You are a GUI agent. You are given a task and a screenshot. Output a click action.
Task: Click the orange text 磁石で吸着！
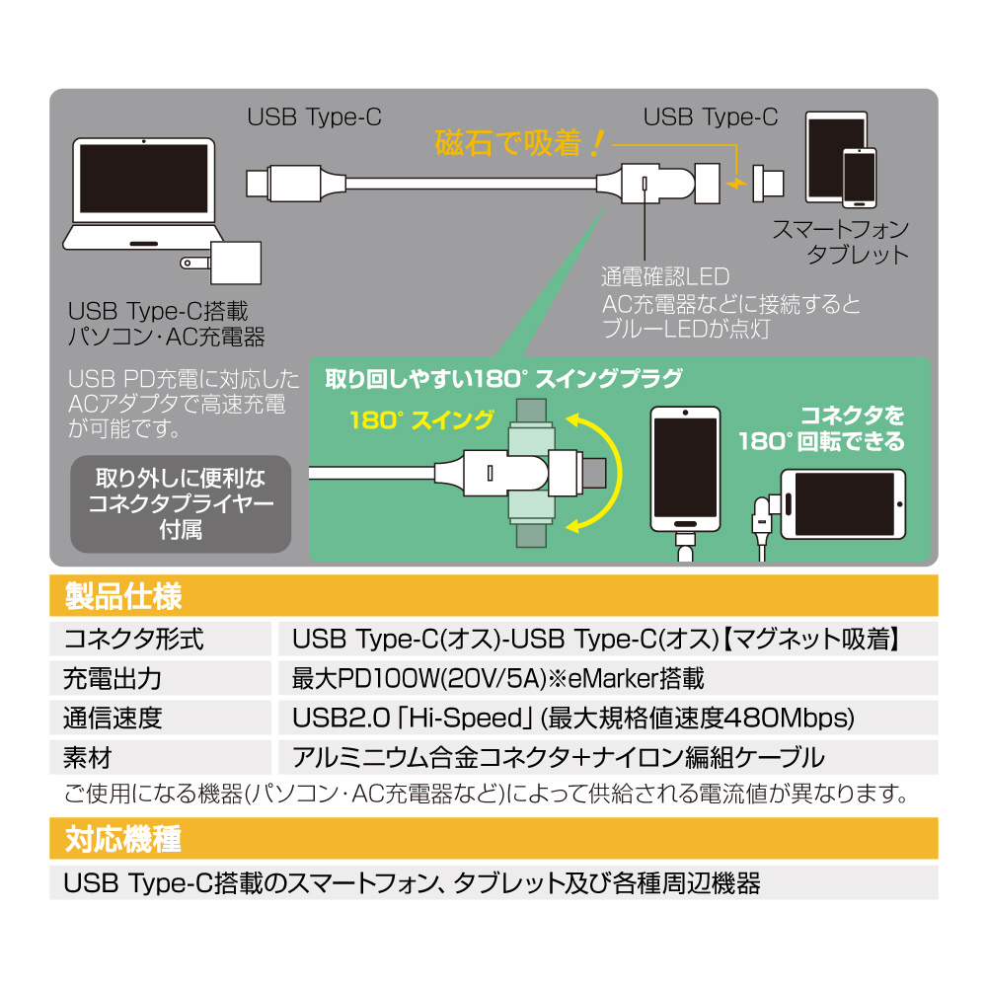point(518,144)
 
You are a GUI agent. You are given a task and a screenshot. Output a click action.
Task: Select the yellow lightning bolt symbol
point(734,184)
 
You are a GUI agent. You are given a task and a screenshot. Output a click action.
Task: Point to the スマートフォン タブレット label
point(841,242)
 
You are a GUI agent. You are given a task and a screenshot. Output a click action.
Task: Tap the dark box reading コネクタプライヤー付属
point(181,503)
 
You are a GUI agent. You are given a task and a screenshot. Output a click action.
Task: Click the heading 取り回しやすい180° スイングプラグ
point(503,379)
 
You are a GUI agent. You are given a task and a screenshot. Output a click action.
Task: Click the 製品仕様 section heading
point(123,596)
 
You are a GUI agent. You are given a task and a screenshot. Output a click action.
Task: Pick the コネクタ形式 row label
point(134,640)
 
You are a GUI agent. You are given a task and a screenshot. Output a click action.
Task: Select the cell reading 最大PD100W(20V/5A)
point(497,679)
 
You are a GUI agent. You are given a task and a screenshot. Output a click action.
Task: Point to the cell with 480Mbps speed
point(572,719)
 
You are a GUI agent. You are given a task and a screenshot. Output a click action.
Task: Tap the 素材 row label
point(88,758)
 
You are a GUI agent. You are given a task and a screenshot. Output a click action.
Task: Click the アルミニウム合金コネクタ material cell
point(558,758)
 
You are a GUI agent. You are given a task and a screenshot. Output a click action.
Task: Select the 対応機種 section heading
point(123,840)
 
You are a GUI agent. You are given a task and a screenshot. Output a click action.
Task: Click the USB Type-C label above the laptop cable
point(314,118)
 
